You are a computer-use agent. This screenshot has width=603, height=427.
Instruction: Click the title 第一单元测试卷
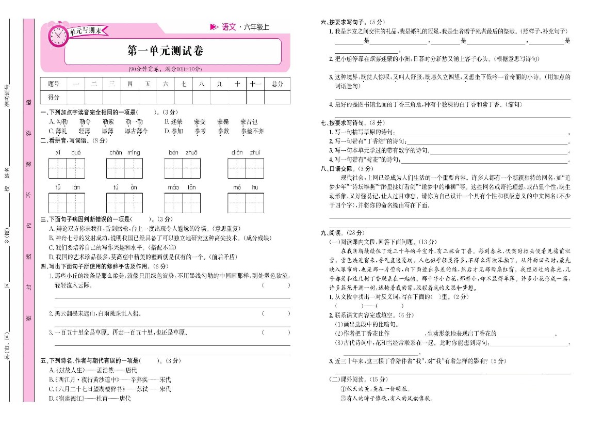point(165,51)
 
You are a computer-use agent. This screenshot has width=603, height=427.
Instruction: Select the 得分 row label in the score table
point(54,97)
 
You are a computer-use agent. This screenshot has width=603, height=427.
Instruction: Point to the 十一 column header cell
point(255,84)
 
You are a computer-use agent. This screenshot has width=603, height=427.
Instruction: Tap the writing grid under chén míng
point(124,168)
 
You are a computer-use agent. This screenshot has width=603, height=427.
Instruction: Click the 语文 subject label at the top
point(229,27)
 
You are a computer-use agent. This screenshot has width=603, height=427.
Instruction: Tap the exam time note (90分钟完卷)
point(165,69)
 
